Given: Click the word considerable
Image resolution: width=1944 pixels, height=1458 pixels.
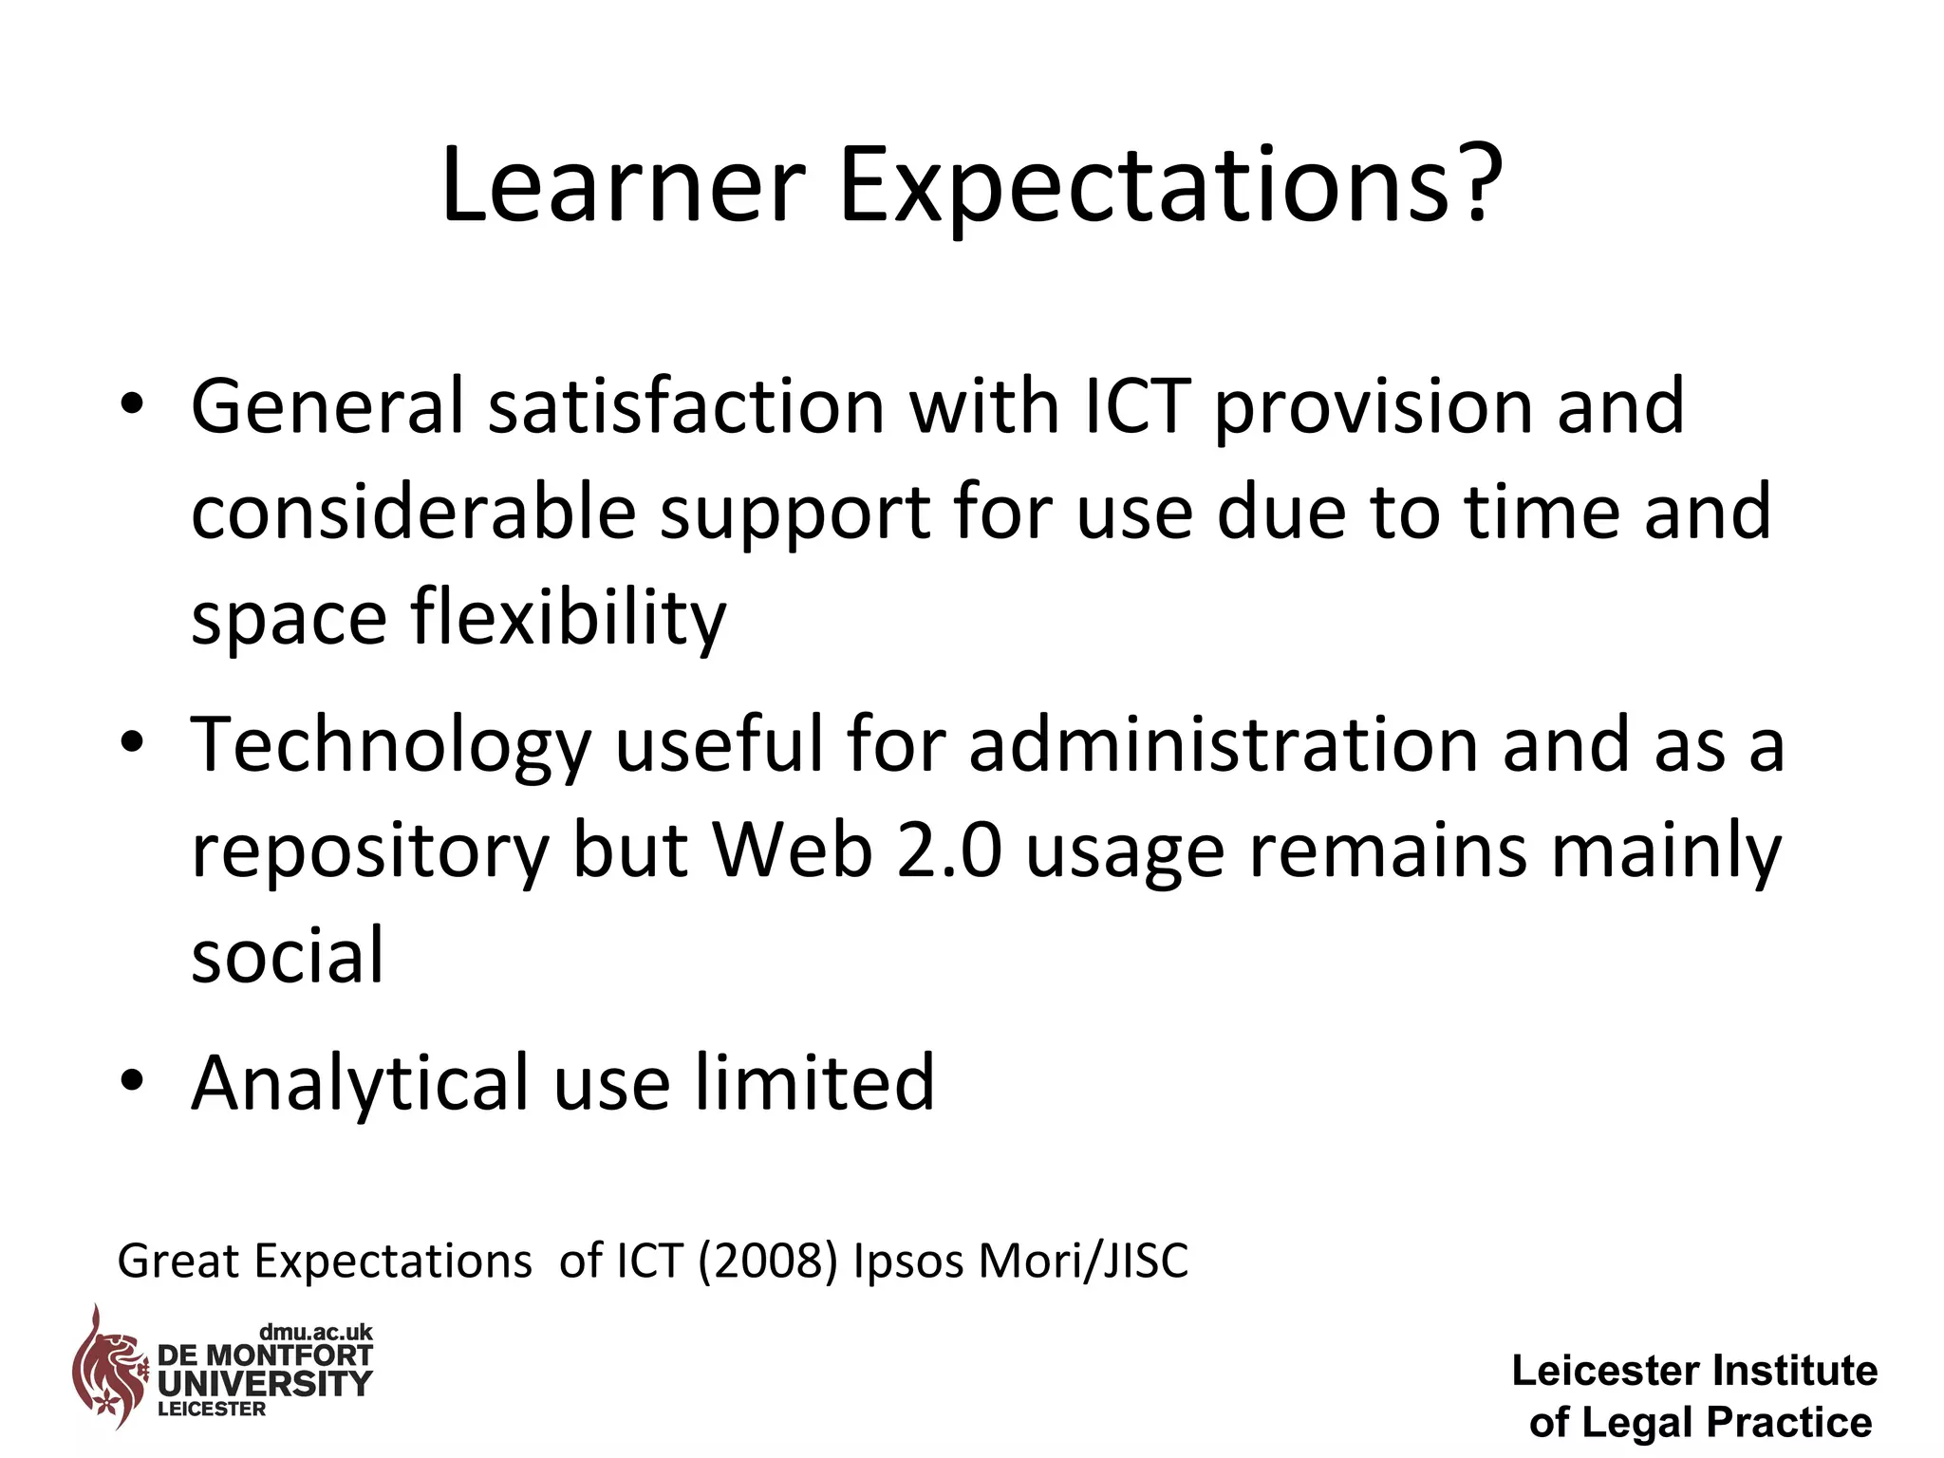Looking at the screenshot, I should (413, 513).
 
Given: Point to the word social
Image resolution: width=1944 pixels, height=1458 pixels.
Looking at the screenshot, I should (288, 956).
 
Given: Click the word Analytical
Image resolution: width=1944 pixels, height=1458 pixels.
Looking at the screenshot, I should (360, 1084).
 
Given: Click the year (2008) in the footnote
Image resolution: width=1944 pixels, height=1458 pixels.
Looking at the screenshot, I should (768, 1262).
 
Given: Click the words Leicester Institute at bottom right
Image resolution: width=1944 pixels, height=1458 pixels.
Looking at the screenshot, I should (1694, 1371).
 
